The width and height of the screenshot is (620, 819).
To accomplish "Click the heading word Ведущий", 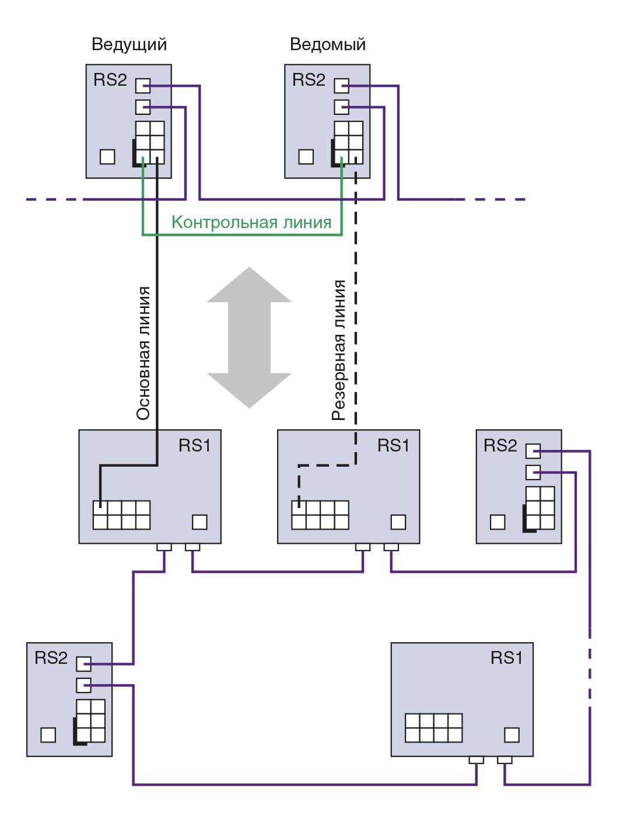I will tap(129, 44).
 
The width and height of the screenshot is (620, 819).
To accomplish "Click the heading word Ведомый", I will tap(328, 44).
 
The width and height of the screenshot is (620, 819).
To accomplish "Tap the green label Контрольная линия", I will tap(251, 222).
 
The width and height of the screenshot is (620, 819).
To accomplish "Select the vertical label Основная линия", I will tap(143, 353).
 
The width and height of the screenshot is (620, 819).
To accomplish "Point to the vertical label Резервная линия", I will tap(339, 350).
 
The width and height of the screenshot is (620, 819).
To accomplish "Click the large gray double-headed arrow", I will tap(250, 337).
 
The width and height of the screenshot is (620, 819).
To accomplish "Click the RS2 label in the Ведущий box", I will tap(110, 80).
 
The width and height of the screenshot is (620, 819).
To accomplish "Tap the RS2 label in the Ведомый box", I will tap(309, 80).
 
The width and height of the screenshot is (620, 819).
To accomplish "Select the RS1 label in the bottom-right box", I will tap(506, 658).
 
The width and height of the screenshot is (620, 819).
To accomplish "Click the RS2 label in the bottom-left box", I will tap(51, 658).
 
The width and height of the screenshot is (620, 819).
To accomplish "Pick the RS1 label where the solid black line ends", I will tap(195, 446).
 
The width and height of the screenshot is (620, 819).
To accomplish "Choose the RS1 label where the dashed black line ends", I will tap(394, 446).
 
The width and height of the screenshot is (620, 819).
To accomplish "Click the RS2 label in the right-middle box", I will tap(500, 446).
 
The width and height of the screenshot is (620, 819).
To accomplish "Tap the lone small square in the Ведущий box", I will tap(107, 157).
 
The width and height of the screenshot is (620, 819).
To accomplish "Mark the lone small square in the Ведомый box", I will tap(306, 157).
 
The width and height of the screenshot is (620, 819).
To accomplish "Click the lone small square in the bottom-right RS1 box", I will tap(512, 735).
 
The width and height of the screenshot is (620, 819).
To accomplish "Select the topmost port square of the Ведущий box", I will tap(143, 86).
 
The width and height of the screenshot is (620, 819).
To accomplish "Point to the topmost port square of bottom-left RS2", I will tap(84, 664).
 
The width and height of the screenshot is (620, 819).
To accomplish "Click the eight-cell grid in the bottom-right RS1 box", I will tap(433, 728).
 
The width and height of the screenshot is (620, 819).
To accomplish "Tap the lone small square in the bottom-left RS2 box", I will tap(48, 735).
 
